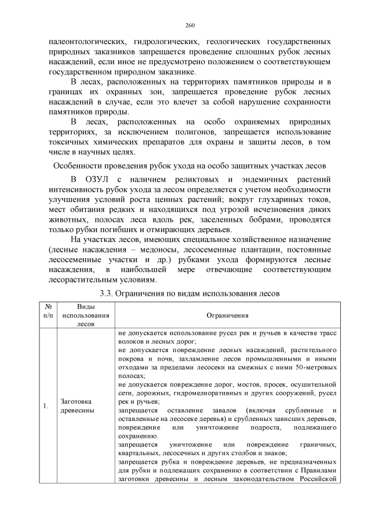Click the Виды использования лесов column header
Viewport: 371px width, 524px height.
coord(85,316)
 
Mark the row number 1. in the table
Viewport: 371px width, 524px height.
coord(45,406)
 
